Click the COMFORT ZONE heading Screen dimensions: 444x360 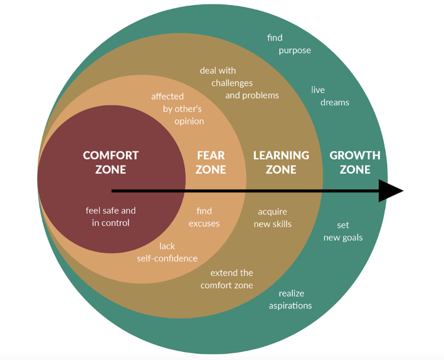pyautogui.click(x=110, y=162)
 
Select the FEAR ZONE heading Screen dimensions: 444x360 pyautogui.click(x=211, y=162)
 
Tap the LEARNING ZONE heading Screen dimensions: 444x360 pyautogui.click(x=281, y=162)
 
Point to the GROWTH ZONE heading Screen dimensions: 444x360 pyautogui.click(x=355, y=162)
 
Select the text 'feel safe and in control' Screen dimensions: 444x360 pyautogui.click(x=110, y=217)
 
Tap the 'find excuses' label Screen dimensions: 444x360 pyautogui.click(x=204, y=217)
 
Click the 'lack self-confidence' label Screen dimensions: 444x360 pyautogui.click(x=167, y=252)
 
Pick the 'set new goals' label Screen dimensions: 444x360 pyautogui.click(x=342, y=231)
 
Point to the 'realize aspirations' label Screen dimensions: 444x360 pyautogui.click(x=290, y=299)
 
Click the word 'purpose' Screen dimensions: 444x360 pyautogui.click(x=295, y=50)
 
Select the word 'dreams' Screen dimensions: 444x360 pyautogui.click(x=334, y=102)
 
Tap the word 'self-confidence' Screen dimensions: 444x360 pyautogui.click(x=167, y=258)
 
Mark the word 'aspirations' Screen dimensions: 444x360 pyautogui.click(x=290, y=305)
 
